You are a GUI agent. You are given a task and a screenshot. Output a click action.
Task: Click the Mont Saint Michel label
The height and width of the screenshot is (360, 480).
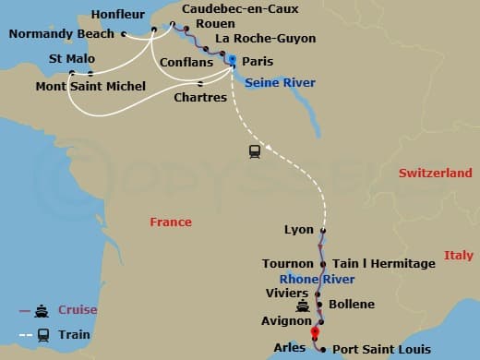pyautogui.click(x=90, y=87)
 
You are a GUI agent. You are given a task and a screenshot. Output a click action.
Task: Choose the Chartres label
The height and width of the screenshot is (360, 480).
pyautogui.click(x=200, y=96)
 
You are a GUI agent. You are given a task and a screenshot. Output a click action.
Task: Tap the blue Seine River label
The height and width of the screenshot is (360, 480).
pyautogui.click(x=281, y=83)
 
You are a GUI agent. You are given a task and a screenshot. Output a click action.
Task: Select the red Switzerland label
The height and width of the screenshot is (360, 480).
pyautogui.click(x=435, y=174)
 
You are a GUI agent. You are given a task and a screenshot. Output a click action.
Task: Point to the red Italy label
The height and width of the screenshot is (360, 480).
pyautogui.click(x=458, y=255)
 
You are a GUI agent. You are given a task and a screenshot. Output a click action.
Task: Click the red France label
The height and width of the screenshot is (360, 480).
pyautogui.click(x=171, y=222)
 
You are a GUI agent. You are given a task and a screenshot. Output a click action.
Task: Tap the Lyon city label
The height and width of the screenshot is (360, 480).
pyautogui.click(x=299, y=230)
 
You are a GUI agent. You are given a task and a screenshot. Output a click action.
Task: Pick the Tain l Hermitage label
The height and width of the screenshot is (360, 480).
pyautogui.click(x=383, y=264)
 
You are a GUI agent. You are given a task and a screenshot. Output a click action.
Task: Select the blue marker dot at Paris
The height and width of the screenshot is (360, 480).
pyautogui.click(x=232, y=60)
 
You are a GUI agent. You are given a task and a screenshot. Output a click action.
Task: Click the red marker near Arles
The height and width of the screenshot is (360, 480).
pyautogui.click(x=315, y=333)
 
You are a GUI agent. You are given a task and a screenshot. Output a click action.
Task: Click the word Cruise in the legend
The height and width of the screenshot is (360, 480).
pyautogui.click(x=78, y=310)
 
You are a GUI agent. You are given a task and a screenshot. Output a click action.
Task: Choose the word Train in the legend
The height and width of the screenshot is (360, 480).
pyautogui.click(x=76, y=334)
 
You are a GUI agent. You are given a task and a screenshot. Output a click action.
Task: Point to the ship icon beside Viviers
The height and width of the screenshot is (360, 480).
pyautogui.click(x=302, y=307)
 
